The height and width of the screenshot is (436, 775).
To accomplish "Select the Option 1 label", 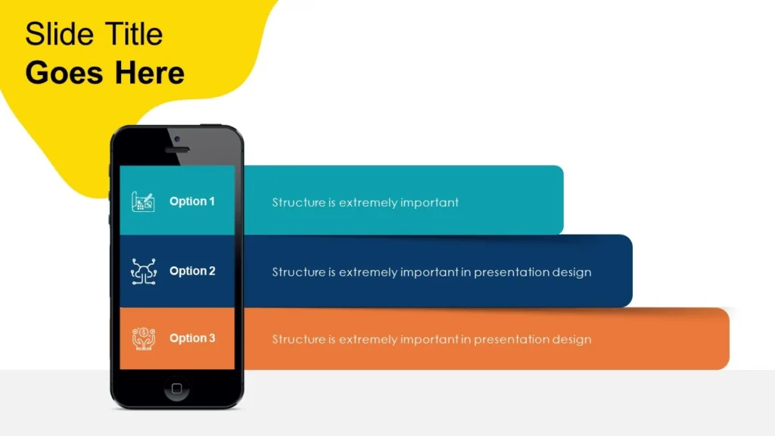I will [192, 201].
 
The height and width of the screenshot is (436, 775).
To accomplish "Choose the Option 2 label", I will [192, 271].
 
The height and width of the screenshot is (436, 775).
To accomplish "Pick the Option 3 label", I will [192, 338].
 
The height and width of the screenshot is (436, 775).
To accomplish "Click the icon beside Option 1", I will [143, 201].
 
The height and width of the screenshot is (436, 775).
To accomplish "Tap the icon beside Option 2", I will [143, 272].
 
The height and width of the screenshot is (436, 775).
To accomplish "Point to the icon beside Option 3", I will [143, 338].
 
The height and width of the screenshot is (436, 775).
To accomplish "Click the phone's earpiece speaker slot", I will [177, 150].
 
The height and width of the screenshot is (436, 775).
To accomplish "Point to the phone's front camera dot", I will [177, 139].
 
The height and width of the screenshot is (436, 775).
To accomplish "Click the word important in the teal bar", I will [429, 203].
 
